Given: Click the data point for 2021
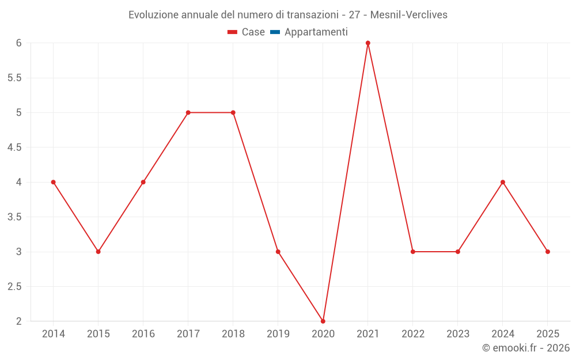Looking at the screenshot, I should pyautogui.click(x=368, y=43).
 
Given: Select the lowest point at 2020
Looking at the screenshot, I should pyautogui.click(x=323, y=321).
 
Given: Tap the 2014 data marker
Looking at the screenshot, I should pyautogui.click(x=54, y=182).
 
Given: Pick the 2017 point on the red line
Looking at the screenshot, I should pyautogui.click(x=188, y=112).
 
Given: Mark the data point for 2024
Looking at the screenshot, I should pyautogui.click(x=503, y=182).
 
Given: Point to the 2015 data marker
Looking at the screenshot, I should pyautogui.click(x=98, y=252).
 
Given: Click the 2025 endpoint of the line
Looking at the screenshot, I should pyautogui.click(x=548, y=252).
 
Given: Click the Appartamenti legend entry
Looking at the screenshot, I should pyautogui.click(x=316, y=32).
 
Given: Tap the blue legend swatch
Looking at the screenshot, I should pyautogui.click(x=275, y=32).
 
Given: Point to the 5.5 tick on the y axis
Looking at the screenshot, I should pyautogui.click(x=14, y=78).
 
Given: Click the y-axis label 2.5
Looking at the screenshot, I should pyautogui.click(x=14, y=286).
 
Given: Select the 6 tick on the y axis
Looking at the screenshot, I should pyautogui.click(x=19, y=43).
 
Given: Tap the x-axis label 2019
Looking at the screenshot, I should pyautogui.click(x=278, y=334).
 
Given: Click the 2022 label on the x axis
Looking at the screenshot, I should pyautogui.click(x=413, y=334).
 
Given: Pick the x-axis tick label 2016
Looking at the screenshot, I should pyautogui.click(x=143, y=334).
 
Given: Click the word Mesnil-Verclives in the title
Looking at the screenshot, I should pyautogui.click(x=409, y=15).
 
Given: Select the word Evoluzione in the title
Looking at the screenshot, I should pyautogui.click(x=153, y=15).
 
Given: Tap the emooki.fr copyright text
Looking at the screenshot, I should pyautogui.click(x=526, y=348).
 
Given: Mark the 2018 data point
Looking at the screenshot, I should pyautogui.click(x=233, y=112).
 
